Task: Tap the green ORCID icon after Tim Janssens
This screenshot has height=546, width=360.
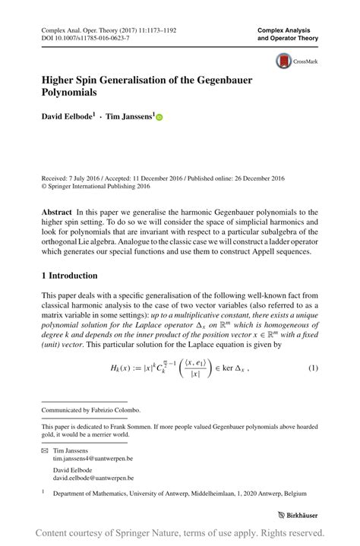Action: coord(159,118)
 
